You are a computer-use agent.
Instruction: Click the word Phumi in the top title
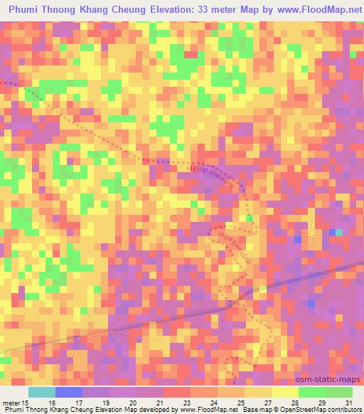click(x=26, y=10)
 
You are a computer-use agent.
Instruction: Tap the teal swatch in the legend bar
click(x=41, y=392)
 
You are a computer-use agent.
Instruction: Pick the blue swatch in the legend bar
click(x=68, y=392)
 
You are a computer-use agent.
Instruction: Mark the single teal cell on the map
click(x=338, y=233)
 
